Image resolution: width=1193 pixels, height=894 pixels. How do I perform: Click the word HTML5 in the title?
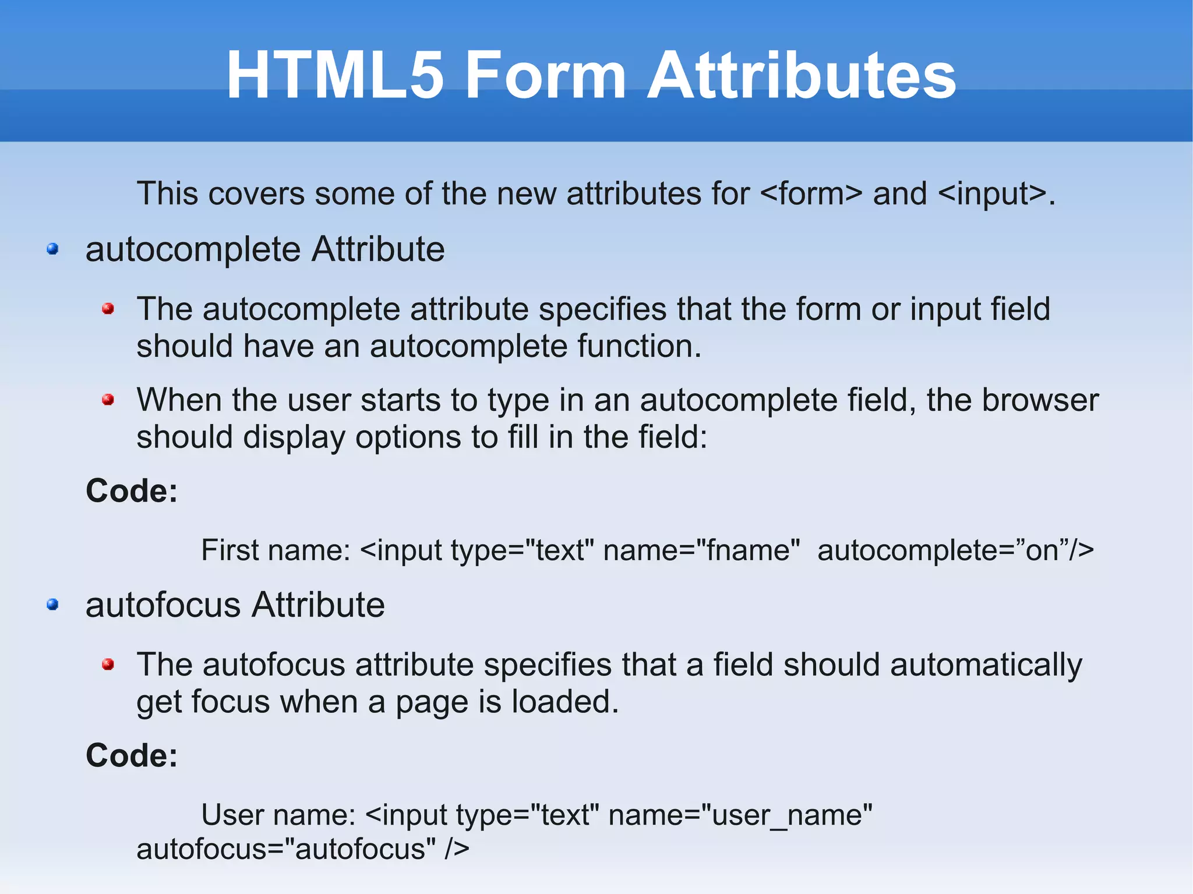(335, 76)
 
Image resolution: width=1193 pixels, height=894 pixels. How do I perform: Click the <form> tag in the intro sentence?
(811, 194)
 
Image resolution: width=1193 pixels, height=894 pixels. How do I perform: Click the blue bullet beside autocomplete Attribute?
(53, 249)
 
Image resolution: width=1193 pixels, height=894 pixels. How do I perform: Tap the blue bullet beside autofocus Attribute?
(53, 605)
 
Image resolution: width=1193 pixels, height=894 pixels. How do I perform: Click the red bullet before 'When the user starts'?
(108, 400)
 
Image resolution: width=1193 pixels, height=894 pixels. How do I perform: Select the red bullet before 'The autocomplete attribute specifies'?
(108, 309)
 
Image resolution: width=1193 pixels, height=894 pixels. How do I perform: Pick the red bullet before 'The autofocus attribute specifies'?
(108, 664)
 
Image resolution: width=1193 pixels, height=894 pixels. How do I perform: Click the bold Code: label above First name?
(132, 491)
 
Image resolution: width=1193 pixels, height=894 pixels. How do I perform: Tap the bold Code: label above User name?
(132, 755)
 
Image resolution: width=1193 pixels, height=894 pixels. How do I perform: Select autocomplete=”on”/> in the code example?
(955, 550)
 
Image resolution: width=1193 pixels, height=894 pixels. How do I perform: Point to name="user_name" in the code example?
(740, 815)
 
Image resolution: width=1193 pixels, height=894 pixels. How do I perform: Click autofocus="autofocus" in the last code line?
(286, 849)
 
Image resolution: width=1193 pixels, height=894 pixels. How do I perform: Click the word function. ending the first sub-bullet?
(640, 347)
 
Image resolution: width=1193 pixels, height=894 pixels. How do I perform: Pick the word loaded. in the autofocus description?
(565, 702)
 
